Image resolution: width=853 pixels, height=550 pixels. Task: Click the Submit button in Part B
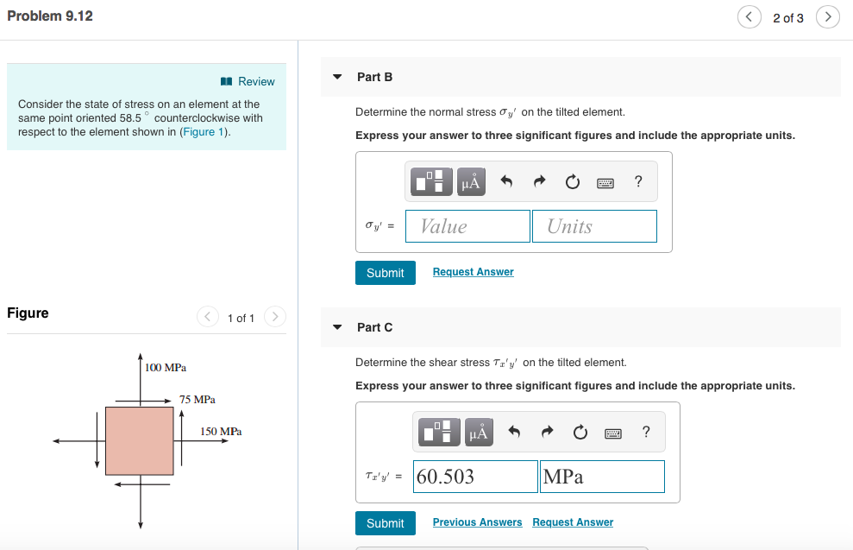(385, 273)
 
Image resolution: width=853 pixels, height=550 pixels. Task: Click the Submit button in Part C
(385, 523)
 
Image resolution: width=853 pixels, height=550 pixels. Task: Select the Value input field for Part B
(467, 226)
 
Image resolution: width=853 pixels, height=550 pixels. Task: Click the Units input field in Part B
(593, 226)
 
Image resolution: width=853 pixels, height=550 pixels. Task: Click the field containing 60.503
(475, 477)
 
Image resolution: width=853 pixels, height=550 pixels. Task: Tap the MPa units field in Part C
(602, 477)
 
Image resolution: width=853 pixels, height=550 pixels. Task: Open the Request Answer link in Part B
(473, 272)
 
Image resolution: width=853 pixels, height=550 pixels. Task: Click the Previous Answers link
(477, 522)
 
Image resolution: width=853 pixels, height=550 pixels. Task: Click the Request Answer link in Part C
(573, 522)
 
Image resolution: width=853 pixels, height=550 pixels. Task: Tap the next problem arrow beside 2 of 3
(827, 17)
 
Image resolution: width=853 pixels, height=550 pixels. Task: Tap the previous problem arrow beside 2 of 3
(749, 17)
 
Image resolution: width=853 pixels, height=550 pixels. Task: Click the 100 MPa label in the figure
(166, 368)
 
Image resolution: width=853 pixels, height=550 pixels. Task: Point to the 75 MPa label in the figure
(198, 400)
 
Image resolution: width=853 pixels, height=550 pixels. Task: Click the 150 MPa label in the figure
(221, 431)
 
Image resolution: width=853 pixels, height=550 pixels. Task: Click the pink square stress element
(140, 440)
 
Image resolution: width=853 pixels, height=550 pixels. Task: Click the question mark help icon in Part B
(637, 181)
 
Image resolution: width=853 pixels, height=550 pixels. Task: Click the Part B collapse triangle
(338, 77)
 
